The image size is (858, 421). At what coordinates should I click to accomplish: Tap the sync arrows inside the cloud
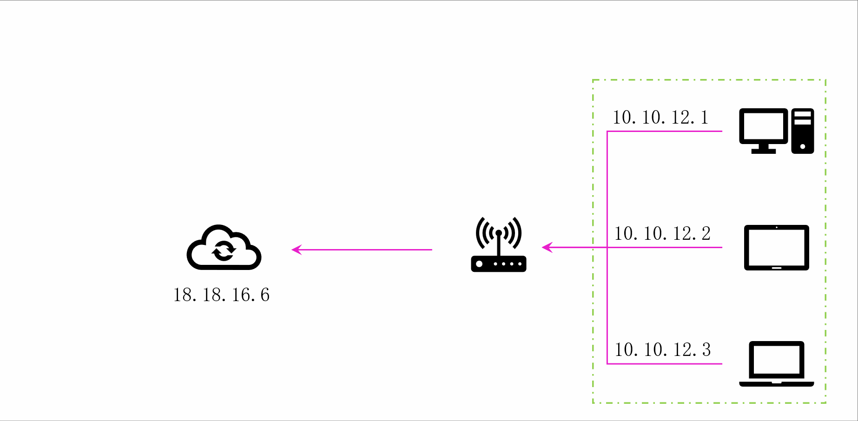tap(224, 251)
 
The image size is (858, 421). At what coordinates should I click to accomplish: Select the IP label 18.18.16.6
tap(221, 295)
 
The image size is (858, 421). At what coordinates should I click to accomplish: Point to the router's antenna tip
tap(499, 232)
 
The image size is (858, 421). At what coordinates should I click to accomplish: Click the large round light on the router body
tap(479, 264)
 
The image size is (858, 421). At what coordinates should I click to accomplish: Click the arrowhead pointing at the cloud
tap(297, 250)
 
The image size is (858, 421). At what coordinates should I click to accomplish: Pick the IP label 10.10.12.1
tap(660, 118)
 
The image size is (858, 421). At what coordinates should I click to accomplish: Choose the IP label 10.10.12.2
tap(662, 234)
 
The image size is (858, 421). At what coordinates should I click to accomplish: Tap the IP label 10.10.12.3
tap(662, 350)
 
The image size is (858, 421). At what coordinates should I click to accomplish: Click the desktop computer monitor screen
tap(763, 125)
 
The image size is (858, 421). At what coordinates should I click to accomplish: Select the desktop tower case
tap(803, 131)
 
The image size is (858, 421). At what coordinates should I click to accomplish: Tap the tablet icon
tap(776, 247)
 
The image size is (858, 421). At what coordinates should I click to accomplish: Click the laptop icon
tap(776, 363)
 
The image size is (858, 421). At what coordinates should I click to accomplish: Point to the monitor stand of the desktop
tap(764, 149)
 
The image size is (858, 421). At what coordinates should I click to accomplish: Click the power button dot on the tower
tap(803, 146)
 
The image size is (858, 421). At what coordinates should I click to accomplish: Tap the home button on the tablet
tap(777, 268)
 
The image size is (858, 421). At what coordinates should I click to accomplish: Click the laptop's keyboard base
tap(776, 384)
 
